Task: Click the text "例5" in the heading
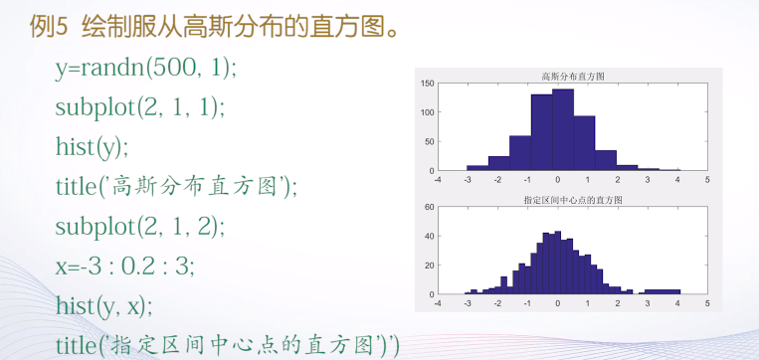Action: pyautogui.click(x=47, y=28)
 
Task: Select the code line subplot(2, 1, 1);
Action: pyautogui.click(x=140, y=106)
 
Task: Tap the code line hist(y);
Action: pyautogui.click(x=93, y=145)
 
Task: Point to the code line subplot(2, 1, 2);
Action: pyautogui.click(x=140, y=225)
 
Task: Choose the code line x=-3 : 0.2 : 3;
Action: pyautogui.click(x=125, y=265)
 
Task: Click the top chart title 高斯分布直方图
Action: pyautogui.click(x=572, y=76)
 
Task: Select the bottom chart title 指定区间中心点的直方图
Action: pyautogui.click(x=572, y=200)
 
